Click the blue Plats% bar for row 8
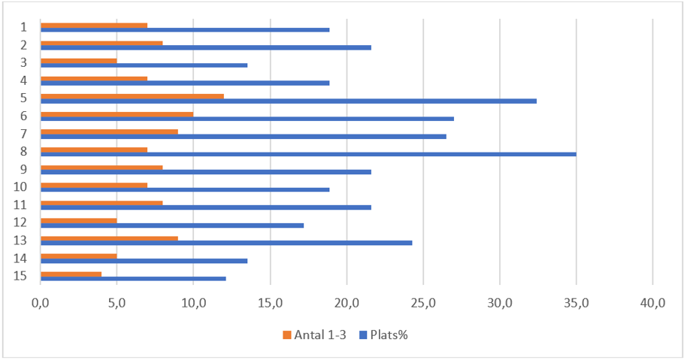click(308, 154)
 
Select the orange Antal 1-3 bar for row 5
click(132, 96)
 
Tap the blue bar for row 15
click(133, 278)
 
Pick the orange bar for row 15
click(71, 274)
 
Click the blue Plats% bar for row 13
click(226, 243)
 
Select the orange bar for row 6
click(117, 114)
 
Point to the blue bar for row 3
click(144, 65)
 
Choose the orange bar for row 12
click(78, 221)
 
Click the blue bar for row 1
click(185, 30)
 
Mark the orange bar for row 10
click(94, 185)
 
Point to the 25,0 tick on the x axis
click(423, 303)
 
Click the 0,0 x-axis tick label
click(40, 303)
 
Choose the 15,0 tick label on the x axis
click(270, 303)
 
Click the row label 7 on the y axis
click(24, 134)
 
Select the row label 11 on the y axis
click(21, 204)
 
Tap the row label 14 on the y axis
click(21, 258)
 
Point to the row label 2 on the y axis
click(24, 44)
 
